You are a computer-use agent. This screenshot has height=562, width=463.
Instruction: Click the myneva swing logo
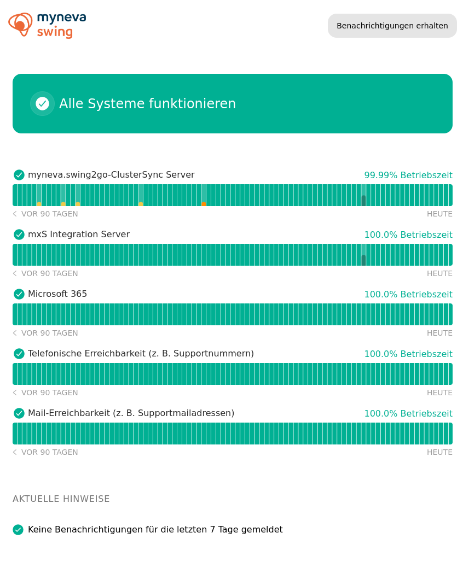48,25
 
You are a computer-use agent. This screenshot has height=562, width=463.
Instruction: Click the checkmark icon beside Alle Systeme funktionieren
42,103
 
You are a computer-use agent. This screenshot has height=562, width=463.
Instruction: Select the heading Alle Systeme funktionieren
147,103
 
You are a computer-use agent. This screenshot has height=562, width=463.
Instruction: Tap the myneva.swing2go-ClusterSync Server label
111,175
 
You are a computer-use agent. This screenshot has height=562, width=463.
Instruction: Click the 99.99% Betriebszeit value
408,175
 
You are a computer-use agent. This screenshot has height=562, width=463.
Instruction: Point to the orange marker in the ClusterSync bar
204,204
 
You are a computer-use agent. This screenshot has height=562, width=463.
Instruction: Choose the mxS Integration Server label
79,235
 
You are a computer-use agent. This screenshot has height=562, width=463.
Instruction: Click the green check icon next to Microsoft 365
19,294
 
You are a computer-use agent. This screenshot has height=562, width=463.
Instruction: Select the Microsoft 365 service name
57,294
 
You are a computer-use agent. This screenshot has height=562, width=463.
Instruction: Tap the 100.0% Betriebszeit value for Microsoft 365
408,295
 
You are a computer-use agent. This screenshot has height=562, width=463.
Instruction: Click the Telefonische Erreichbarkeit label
141,354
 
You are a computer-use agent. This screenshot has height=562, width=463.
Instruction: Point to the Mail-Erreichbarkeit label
131,413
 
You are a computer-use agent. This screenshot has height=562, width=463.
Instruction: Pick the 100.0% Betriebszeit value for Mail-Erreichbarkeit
408,414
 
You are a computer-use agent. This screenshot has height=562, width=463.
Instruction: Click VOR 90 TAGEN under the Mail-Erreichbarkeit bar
49,453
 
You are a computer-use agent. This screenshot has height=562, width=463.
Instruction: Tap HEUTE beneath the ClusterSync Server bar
439,214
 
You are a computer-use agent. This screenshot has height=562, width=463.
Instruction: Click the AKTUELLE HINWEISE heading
61,499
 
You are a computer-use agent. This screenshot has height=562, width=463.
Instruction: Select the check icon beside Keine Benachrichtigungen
18,530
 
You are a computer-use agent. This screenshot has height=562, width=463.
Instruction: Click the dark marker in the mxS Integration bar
363,260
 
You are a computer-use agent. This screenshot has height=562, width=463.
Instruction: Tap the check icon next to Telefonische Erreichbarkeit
19,354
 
